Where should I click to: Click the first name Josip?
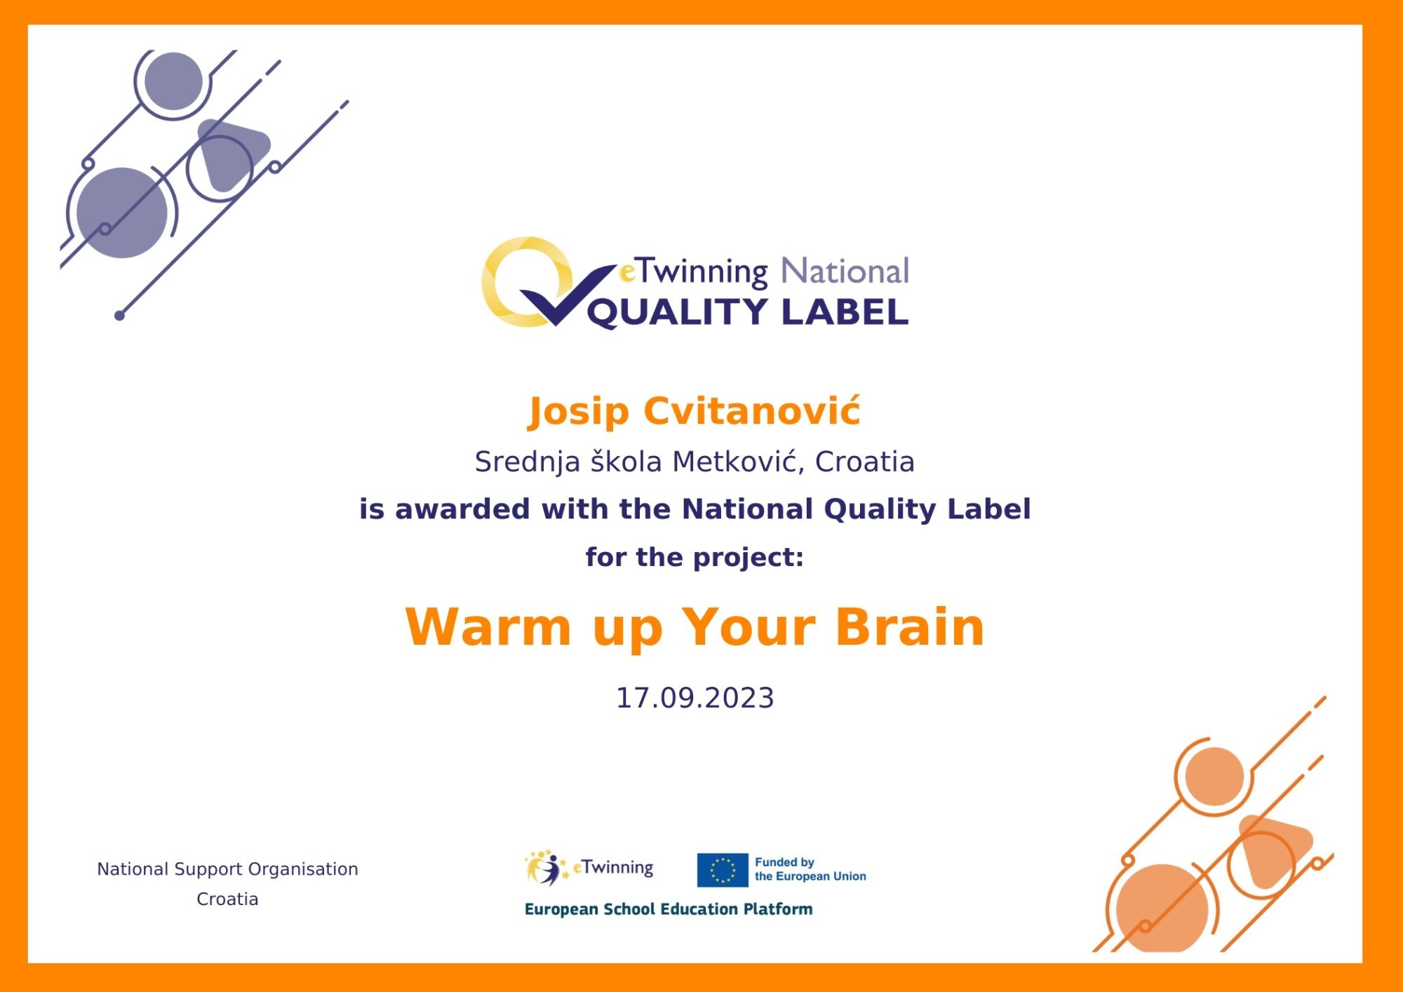[x=578, y=413]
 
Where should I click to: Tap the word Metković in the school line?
[x=737, y=462]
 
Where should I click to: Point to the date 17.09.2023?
[x=694, y=698]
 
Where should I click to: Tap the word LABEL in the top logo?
[x=845, y=311]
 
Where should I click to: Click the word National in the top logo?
[x=845, y=271]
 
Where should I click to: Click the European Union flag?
[x=723, y=870]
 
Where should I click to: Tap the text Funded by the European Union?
[x=810, y=869]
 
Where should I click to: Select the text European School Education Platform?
[x=669, y=909]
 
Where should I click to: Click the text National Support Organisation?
[x=227, y=869]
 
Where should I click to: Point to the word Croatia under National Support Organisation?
[x=227, y=899]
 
